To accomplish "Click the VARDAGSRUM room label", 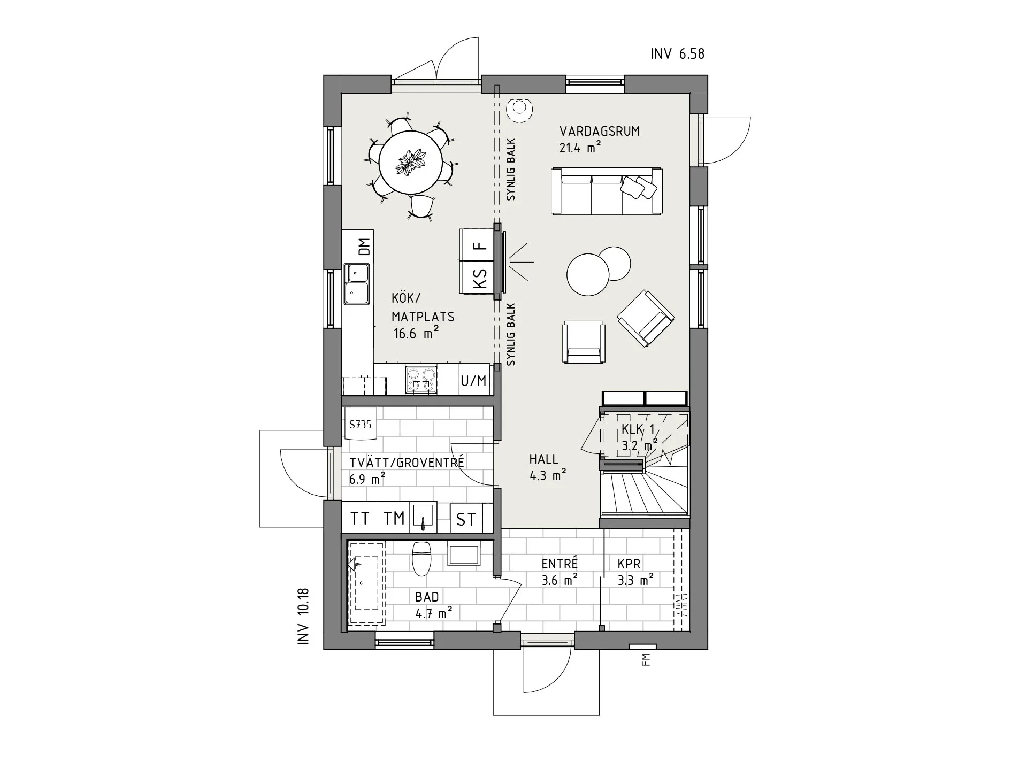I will point(599,132).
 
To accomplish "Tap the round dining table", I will point(410,163).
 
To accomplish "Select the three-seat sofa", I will point(607,191).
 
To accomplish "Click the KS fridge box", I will point(480,278).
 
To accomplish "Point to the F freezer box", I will point(480,245).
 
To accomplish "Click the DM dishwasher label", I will point(364,247).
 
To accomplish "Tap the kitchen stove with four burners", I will point(420,379).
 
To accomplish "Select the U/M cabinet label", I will point(474,380).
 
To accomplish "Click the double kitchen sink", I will point(357,283).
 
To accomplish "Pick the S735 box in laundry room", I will point(360,424).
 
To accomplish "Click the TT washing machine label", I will point(360,518).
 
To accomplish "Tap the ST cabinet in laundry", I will point(465,519).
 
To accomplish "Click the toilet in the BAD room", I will point(421,559).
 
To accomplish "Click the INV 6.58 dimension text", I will point(677,54).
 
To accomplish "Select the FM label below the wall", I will point(647,660).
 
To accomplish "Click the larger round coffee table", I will point(587,274).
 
